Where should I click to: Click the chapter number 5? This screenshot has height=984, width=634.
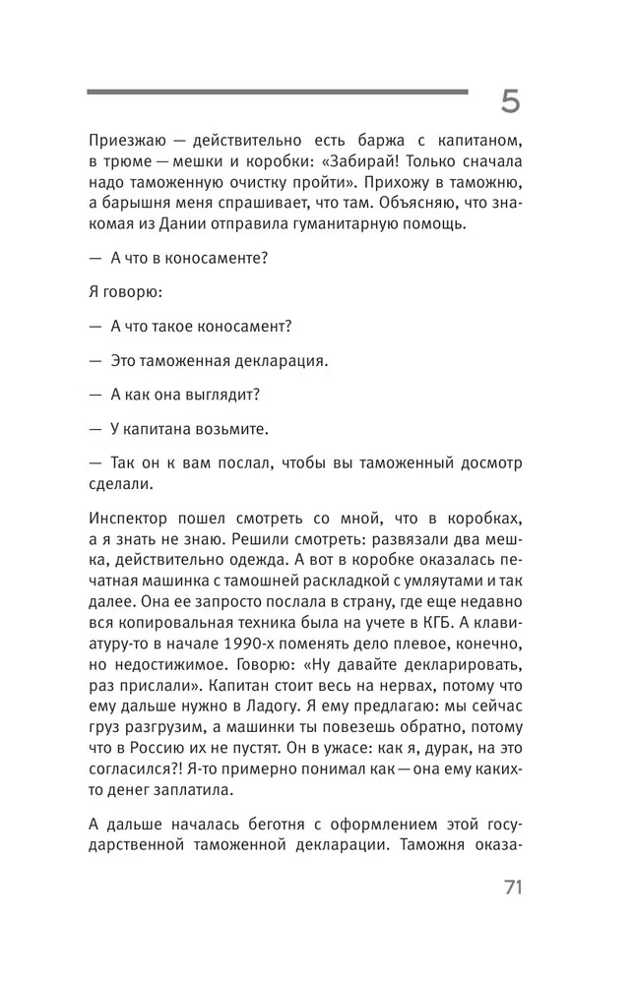[510, 102]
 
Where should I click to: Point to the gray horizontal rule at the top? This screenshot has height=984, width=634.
[278, 92]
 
